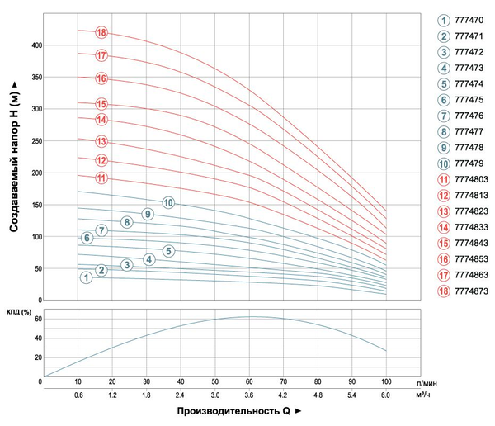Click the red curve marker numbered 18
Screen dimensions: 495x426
coord(101,32)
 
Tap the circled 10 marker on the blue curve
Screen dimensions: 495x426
coord(168,203)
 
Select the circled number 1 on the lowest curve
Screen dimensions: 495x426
coord(86,277)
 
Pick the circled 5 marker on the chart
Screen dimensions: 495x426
coord(168,251)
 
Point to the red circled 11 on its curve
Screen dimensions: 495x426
coord(101,178)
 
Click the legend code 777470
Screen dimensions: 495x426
coord(469,20)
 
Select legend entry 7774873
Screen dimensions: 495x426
coord(471,291)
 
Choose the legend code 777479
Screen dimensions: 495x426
coord(469,163)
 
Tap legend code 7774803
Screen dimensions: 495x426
coord(471,179)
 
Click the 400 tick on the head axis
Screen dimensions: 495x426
coord(36,45)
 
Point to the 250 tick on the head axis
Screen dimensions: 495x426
coord(36,141)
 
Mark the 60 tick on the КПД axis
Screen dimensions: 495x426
coord(38,319)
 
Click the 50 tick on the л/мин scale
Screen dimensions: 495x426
coord(214,381)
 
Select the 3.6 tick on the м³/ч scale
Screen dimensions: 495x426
coord(249,395)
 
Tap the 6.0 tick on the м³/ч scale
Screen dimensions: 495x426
coord(385,395)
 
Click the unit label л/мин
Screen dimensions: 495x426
coord(427,383)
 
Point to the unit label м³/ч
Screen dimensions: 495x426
coord(423,395)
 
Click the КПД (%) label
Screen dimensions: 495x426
coord(19,312)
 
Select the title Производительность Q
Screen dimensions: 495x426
coord(233,411)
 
